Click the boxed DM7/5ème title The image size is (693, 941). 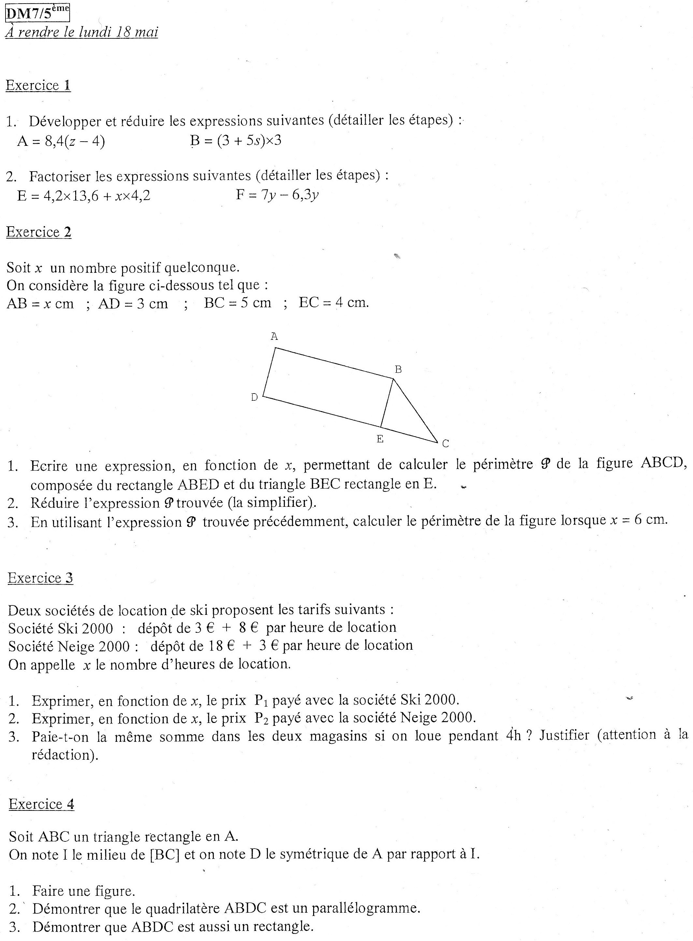click(37, 13)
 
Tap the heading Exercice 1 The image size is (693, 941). click(38, 86)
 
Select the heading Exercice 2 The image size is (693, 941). click(39, 232)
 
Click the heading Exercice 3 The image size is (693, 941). click(40, 578)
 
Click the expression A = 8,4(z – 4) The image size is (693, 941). click(61, 141)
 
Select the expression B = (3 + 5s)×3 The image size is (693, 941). click(235, 140)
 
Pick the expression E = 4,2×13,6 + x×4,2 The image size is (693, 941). click(83, 196)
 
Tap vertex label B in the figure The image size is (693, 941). click(398, 370)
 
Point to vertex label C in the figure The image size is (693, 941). click(446, 443)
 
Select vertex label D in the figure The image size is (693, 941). click(254, 397)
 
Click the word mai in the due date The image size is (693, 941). click(146, 32)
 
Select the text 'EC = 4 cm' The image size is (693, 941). click(334, 302)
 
